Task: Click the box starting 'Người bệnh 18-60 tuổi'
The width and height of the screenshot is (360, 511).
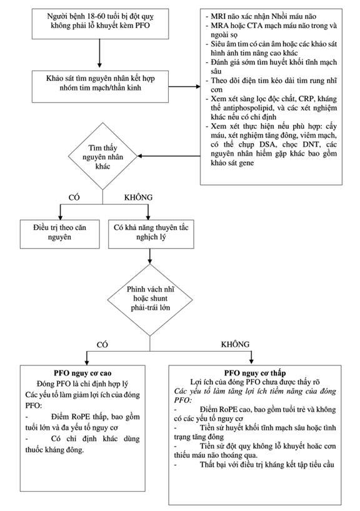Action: pos(100,24)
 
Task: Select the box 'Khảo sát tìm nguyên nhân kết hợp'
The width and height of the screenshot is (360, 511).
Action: pos(100,86)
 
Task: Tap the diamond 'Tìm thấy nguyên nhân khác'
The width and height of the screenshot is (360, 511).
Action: pos(102,156)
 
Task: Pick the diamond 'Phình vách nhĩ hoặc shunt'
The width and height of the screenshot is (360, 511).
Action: pos(150,300)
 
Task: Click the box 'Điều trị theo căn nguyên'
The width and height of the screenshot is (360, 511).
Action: pos(59,234)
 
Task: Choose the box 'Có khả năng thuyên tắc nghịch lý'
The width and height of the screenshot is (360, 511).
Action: pos(151,234)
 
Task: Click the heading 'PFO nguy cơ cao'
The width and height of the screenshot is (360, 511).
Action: pos(82,373)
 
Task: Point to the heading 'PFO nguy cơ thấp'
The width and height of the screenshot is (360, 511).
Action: pos(254,373)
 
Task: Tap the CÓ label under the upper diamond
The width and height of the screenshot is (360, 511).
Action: pos(74,197)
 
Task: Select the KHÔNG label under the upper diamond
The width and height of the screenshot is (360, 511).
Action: pos(138,197)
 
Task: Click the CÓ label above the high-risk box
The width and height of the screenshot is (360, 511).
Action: pos(102,345)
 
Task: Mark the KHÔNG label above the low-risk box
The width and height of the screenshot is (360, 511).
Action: pos(235,344)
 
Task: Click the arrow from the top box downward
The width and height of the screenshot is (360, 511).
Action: pos(100,54)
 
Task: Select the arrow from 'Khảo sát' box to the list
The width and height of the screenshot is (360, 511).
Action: pos(184,87)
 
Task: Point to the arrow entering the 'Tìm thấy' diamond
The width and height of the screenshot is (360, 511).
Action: pos(169,156)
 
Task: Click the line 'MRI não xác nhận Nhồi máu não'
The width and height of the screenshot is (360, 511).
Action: pos(263,16)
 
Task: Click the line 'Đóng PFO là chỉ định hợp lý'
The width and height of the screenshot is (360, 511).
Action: pos(82,384)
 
